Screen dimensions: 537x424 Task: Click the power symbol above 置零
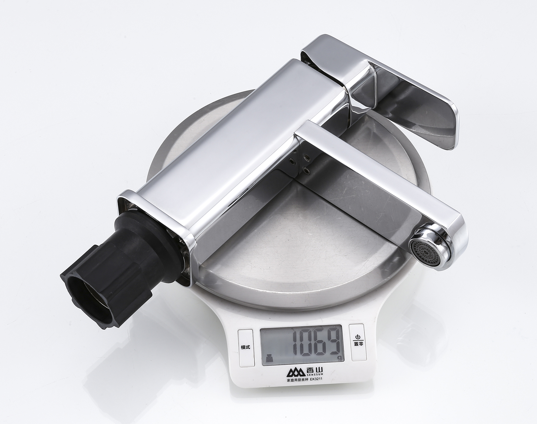358,337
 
